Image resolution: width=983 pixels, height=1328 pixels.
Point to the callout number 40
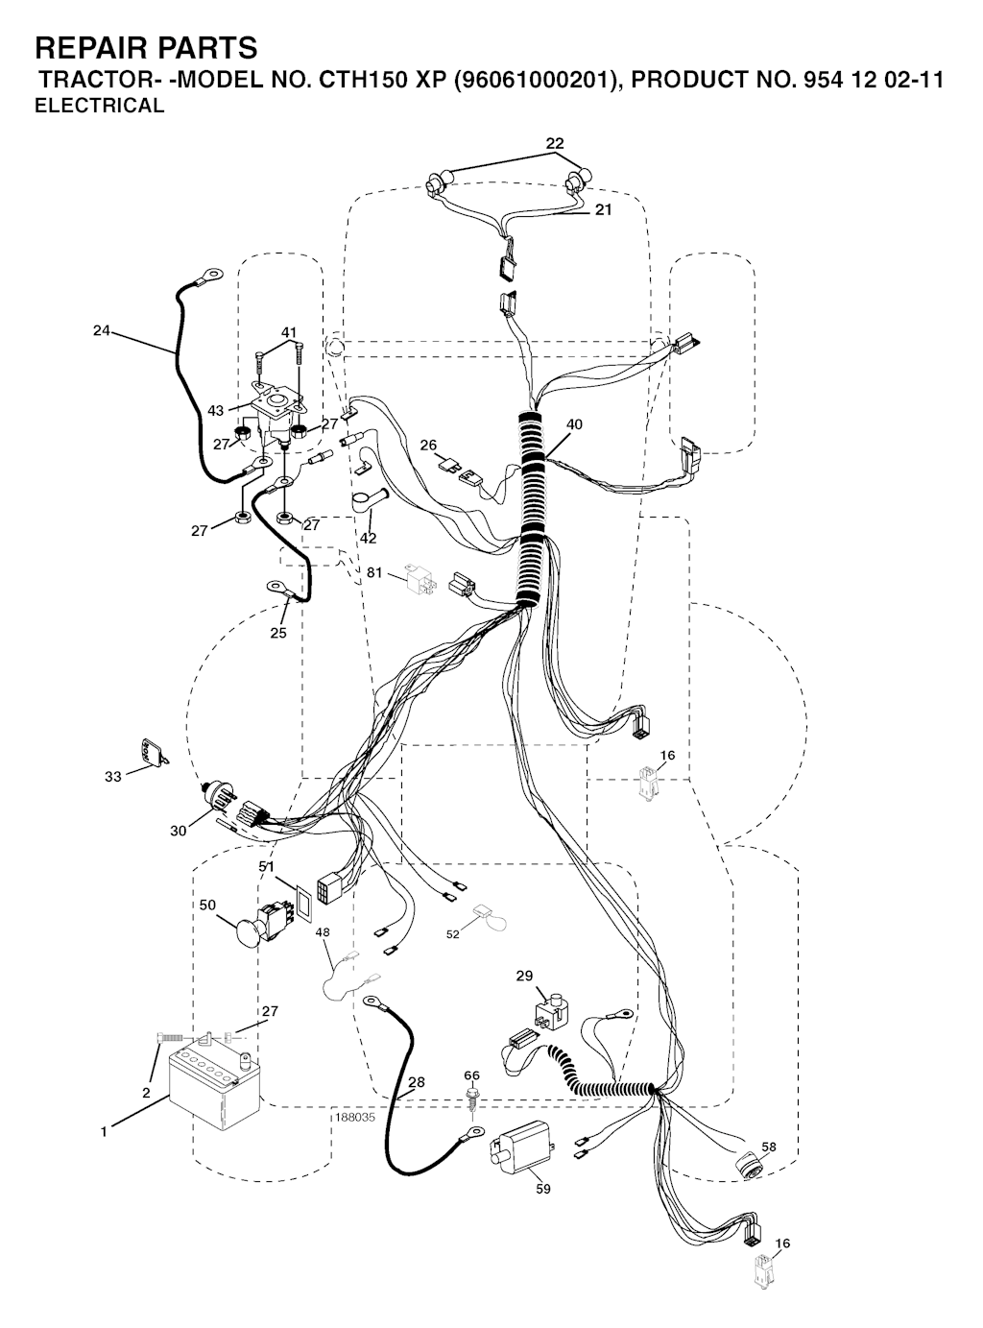(x=574, y=424)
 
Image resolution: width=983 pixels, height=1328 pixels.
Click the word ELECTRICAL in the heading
(x=100, y=106)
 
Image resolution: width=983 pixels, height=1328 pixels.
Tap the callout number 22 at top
(x=554, y=143)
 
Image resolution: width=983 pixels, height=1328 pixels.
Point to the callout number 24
(x=101, y=330)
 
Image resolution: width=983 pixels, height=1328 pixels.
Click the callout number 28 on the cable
(x=417, y=1081)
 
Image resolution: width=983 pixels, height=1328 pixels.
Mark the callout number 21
(x=603, y=210)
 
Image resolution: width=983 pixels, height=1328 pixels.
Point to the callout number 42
(x=368, y=538)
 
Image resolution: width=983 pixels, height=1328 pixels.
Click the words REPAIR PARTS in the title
(x=146, y=48)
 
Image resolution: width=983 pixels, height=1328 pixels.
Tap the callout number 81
(x=374, y=572)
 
